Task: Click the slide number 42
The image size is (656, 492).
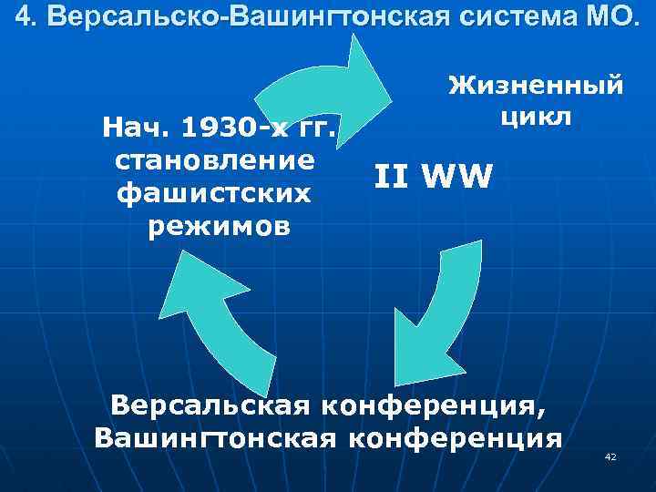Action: tap(610, 456)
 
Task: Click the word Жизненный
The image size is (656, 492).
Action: tap(536, 87)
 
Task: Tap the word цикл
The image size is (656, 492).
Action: tap(536, 116)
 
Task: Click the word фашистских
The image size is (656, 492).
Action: tap(215, 193)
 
